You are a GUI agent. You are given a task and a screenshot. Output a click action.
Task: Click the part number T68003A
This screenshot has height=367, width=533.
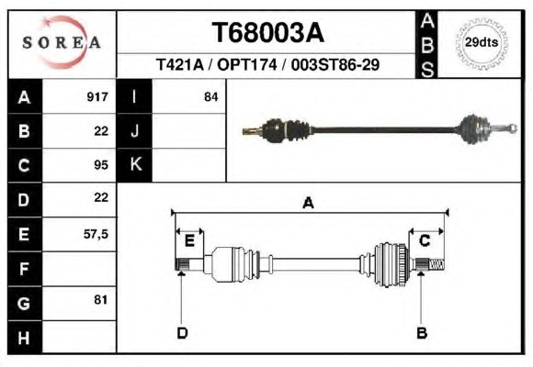click(x=268, y=33)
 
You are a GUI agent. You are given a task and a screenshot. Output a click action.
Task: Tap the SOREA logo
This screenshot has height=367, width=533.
click(x=62, y=42)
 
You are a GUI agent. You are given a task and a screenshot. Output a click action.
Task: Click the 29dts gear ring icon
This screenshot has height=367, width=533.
click(x=482, y=43)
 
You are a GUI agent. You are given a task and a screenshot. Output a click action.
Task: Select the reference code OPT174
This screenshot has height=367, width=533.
click(x=247, y=64)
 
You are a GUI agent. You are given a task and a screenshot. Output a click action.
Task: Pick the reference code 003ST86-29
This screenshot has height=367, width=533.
click(x=335, y=64)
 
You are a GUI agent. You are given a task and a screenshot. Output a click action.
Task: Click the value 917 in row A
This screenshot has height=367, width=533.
click(x=97, y=97)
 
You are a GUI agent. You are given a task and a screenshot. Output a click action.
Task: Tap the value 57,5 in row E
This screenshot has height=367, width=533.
click(x=96, y=234)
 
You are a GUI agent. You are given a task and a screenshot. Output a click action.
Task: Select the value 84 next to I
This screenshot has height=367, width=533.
click(x=210, y=97)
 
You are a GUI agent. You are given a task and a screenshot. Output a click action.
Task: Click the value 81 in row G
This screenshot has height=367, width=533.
click(x=100, y=300)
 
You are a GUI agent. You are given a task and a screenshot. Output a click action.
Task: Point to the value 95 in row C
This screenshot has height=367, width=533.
click(x=101, y=165)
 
